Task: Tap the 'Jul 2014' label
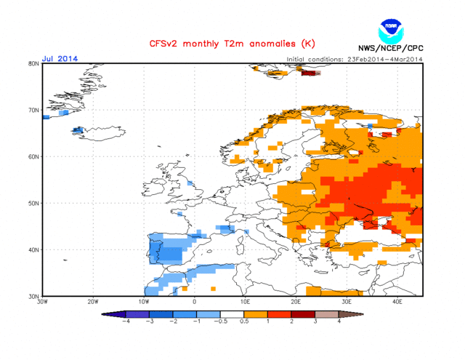click(x=59, y=58)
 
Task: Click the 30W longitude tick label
click(x=42, y=302)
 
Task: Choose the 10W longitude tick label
click(x=143, y=302)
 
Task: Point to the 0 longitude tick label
click(x=194, y=302)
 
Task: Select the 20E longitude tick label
click(x=296, y=302)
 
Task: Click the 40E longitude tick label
click(x=397, y=302)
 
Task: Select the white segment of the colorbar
click(x=232, y=313)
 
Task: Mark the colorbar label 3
click(x=316, y=321)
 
